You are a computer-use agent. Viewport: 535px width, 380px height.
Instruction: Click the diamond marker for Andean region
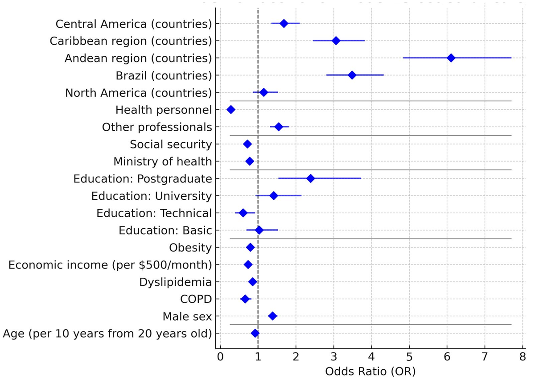tap(451, 58)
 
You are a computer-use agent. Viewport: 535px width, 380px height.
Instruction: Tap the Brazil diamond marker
tap(352, 75)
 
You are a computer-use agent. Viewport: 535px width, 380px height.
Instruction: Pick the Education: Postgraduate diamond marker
tap(310, 178)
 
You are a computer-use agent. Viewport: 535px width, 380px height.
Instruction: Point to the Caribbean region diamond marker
tap(336, 41)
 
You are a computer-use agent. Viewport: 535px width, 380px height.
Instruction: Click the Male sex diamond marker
tap(272, 316)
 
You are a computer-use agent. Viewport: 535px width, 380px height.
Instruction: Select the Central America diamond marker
tap(284, 23)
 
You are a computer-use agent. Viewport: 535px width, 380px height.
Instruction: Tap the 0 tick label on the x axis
tap(220, 357)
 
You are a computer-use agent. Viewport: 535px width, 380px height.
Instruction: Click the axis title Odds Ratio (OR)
tap(370, 371)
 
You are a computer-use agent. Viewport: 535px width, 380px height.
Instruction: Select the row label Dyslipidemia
tap(175, 282)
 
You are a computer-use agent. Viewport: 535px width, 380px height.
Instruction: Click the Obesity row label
tap(190, 248)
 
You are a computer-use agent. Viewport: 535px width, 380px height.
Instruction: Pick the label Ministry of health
tap(162, 161)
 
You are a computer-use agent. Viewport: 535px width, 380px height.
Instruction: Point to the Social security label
tap(171, 144)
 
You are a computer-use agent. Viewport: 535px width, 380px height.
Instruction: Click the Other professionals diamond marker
tap(279, 127)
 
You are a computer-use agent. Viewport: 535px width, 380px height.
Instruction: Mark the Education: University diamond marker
tap(274, 196)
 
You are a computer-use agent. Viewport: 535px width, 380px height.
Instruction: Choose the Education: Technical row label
tap(154, 213)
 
